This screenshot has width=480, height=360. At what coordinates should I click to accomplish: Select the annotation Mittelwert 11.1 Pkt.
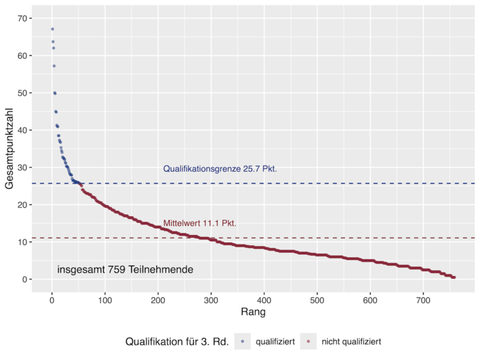click(x=200, y=224)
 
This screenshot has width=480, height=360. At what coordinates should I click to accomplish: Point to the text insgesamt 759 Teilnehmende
click(x=125, y=269)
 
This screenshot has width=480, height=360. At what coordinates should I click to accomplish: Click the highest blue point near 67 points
click(x=52, y=29)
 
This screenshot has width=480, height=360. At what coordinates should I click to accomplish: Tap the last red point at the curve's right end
click(x=454, y=277)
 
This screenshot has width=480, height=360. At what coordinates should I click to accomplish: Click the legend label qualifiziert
click(x=275, y=342)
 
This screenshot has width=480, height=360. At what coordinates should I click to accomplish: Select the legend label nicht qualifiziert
click(x=351, y=342)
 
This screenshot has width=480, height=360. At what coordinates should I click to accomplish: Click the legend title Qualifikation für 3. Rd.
click(x=177, y=342)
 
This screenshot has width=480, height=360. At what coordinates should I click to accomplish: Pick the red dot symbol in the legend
click(x=308, y=342)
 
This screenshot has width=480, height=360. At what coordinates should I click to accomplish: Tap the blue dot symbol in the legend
click(x=242, y=342)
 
